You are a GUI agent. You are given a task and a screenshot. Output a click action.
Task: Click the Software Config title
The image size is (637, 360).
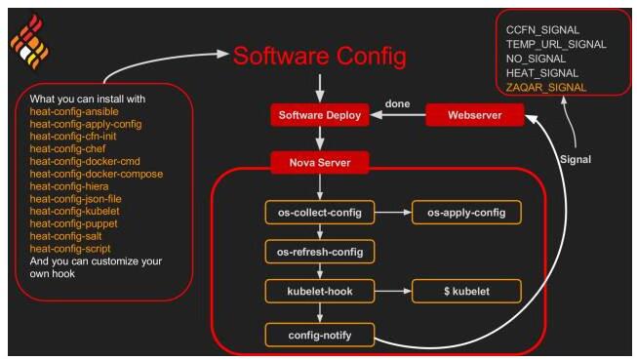[319, 57]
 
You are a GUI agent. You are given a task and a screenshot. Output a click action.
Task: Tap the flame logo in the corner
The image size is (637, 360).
[29, 42]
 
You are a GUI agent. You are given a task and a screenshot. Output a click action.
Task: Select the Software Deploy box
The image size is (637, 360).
[320, 115]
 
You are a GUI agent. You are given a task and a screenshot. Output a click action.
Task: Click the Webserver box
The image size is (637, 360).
[474, 115]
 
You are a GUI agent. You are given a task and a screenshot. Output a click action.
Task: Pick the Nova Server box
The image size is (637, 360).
[320, 163]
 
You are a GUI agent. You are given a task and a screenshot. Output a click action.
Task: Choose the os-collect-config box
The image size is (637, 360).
[320, 212]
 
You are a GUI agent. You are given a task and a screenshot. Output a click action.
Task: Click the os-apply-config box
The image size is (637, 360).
[466, 212]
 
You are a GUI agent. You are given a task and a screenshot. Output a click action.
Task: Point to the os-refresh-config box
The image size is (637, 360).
[320, 252]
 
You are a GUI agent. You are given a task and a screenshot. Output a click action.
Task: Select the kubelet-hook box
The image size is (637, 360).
[320, 291]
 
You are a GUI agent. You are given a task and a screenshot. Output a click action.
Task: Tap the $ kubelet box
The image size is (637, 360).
[466, 291]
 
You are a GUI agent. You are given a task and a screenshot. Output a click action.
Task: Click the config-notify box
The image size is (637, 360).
[320, 335]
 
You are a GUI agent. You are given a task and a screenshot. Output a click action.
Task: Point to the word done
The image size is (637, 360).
[397, 103]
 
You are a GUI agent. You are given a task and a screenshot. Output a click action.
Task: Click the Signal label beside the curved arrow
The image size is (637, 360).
[576, 159]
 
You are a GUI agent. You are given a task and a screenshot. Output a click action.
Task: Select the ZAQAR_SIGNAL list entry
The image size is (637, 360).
[546, 88]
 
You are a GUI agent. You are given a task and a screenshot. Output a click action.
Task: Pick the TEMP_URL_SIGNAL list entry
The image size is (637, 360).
[556, 44]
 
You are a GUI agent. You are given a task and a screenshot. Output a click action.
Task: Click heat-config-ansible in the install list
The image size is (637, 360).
[74, 111]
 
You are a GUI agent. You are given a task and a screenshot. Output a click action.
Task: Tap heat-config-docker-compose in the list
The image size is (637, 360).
[97, 174]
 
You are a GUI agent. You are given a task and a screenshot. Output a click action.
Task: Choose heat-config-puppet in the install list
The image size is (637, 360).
[73, 223]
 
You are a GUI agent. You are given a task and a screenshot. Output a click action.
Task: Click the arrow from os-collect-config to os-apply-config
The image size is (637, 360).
[393, 212]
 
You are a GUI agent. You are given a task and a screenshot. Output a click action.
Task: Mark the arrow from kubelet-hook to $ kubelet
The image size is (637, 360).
[393, 291]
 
